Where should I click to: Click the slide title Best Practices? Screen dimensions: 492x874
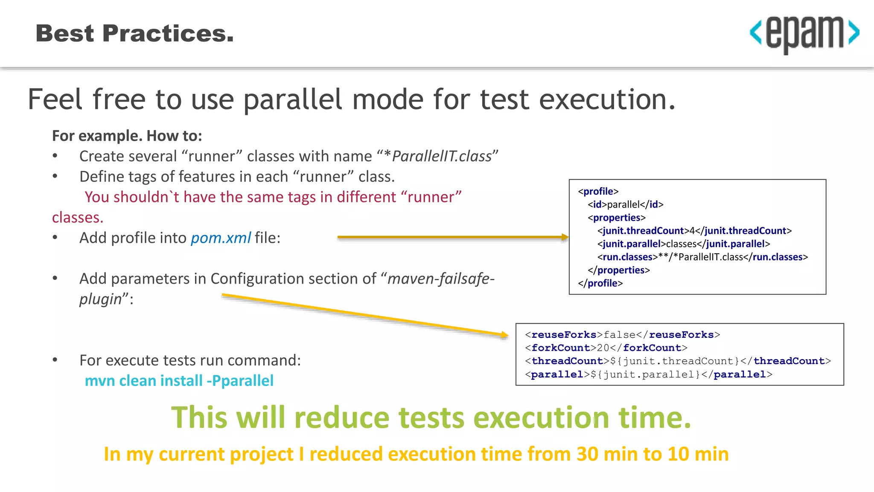(135, 33)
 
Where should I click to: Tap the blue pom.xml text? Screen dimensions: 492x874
(220, 238)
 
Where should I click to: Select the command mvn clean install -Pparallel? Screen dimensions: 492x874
(179, 381)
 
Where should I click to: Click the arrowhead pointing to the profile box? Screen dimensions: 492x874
(565, 237)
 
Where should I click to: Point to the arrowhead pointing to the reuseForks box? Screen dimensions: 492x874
(504, 335)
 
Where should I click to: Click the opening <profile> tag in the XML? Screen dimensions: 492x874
(598, 191)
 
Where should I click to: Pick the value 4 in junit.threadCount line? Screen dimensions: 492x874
(692, 231)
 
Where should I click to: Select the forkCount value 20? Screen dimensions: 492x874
(603, 348)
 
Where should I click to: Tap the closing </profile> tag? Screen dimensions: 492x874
(600, 284)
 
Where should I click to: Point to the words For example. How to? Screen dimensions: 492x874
(127, 136)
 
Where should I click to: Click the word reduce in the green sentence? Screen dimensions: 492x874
(342, 417)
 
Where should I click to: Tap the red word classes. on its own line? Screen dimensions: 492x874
(78, 217)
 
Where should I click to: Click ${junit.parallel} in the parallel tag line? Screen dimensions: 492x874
(645, 375)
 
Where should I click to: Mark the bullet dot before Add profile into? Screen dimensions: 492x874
(55, 237)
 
